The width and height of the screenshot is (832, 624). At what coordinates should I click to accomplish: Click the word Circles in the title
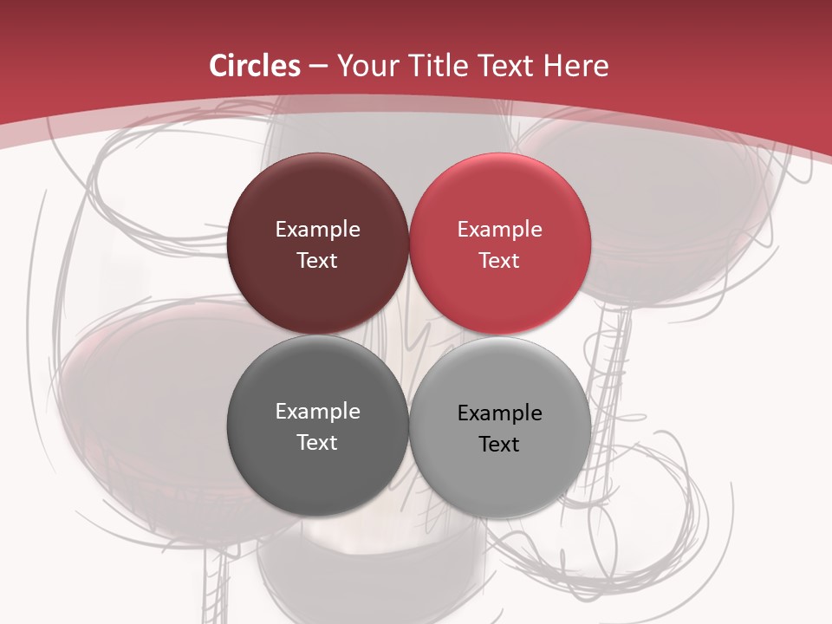click(255, 66)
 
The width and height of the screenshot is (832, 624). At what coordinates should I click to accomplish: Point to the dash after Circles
click(318, 67)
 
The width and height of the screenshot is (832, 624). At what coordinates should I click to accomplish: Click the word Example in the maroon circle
click(317, 230)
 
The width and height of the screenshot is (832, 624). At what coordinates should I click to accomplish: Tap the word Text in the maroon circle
click(317, 261)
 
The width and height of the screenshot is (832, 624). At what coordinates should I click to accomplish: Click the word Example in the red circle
click(499, 230)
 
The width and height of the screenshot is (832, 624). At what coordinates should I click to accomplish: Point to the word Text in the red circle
click(499, 261)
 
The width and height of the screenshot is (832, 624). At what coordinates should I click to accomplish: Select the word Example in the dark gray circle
click(317, 412)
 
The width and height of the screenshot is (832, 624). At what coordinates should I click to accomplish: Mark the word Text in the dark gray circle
click(317, 443)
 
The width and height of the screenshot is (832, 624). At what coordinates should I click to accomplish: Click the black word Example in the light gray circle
click(499, 413)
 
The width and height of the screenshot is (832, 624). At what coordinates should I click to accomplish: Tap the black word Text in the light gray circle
click(499, 445)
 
